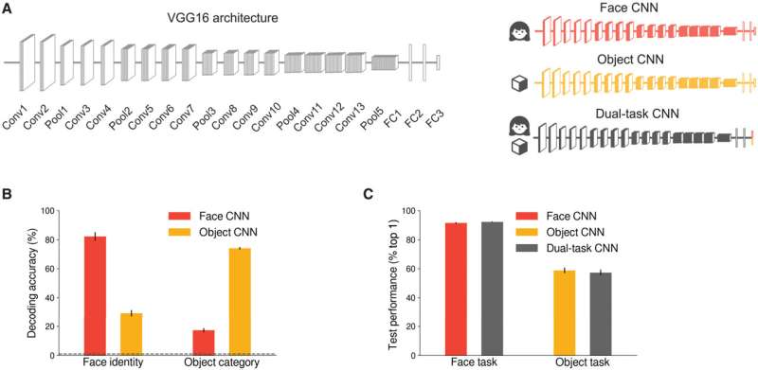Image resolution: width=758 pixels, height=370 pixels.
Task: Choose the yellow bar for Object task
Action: pyautogui.click(x=565, y=313)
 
